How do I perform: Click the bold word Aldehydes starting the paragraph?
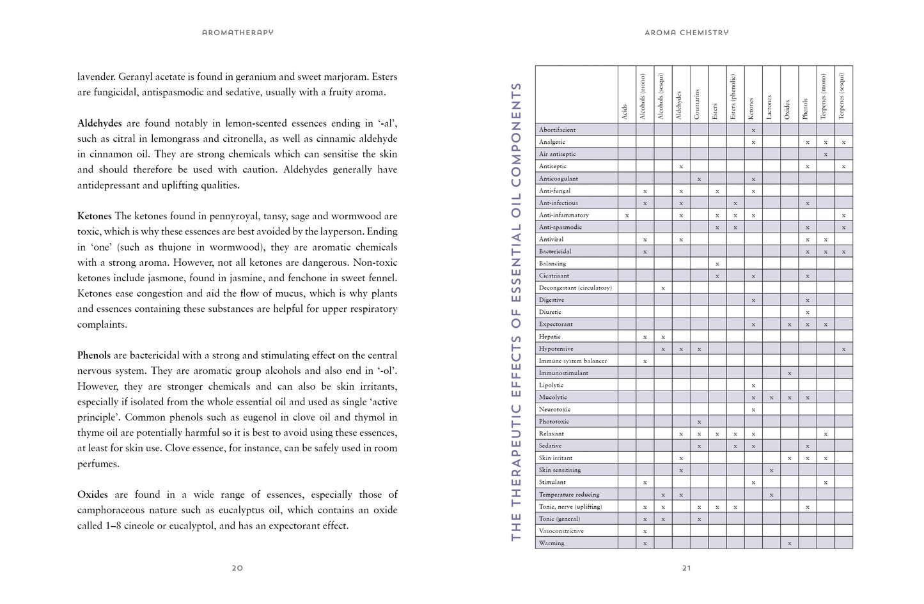pos(99,123)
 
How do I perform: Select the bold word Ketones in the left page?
pos(95,216)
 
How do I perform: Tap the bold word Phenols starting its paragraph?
pos(94,355)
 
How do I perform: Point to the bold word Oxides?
pos(93,495)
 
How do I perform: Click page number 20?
pos(237,568)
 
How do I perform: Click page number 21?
pos(686,568)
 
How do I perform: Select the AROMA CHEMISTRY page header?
pos(686,33)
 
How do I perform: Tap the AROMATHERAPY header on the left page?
pos(237,33)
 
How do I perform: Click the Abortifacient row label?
pos(557,130)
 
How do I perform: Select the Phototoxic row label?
pos(554,422)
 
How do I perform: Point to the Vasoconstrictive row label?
pos(561,531)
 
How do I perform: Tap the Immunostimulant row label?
pos(563,373)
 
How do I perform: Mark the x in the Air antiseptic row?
pos(826,155)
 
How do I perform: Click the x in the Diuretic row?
pos(808,313)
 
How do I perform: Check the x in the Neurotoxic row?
pos(753,410)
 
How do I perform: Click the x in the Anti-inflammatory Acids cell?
pos(627,215)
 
